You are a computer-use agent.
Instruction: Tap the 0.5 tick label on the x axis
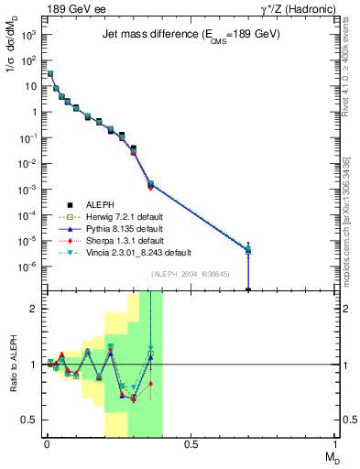click(191, 444)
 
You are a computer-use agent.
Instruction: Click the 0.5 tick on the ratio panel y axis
click(29, 420)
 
